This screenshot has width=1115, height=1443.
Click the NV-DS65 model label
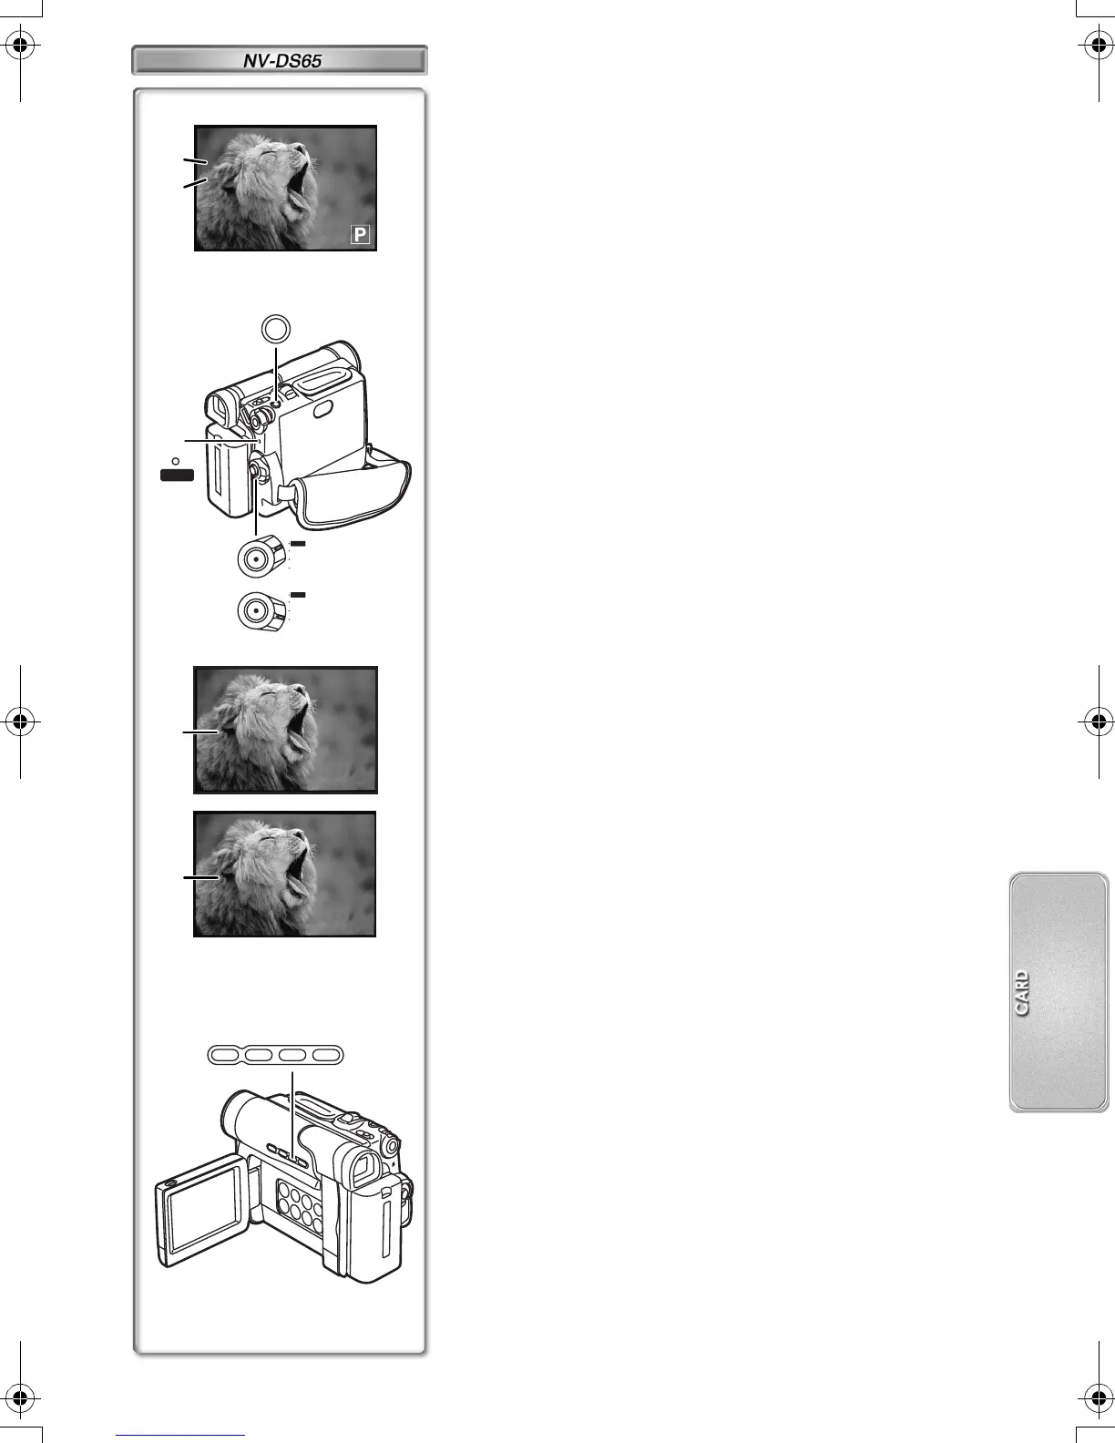pos(281,61)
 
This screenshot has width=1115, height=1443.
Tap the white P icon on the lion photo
pos(361,235)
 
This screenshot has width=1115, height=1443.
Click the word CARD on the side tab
pos(1022,993)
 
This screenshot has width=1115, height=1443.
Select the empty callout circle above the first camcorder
pos(276,327)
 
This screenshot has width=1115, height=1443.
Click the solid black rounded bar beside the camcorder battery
pos(178,474)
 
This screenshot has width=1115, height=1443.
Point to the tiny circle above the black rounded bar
pos(176,460)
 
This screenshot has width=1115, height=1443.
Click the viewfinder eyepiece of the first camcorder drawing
pos(218,409)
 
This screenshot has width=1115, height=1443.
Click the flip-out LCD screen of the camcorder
pos(203,1213)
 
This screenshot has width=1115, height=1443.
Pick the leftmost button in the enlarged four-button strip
pos(225,1055)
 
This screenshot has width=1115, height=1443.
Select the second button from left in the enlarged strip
pos(259,1055)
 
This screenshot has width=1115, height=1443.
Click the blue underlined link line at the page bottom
pos(180,1435)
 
